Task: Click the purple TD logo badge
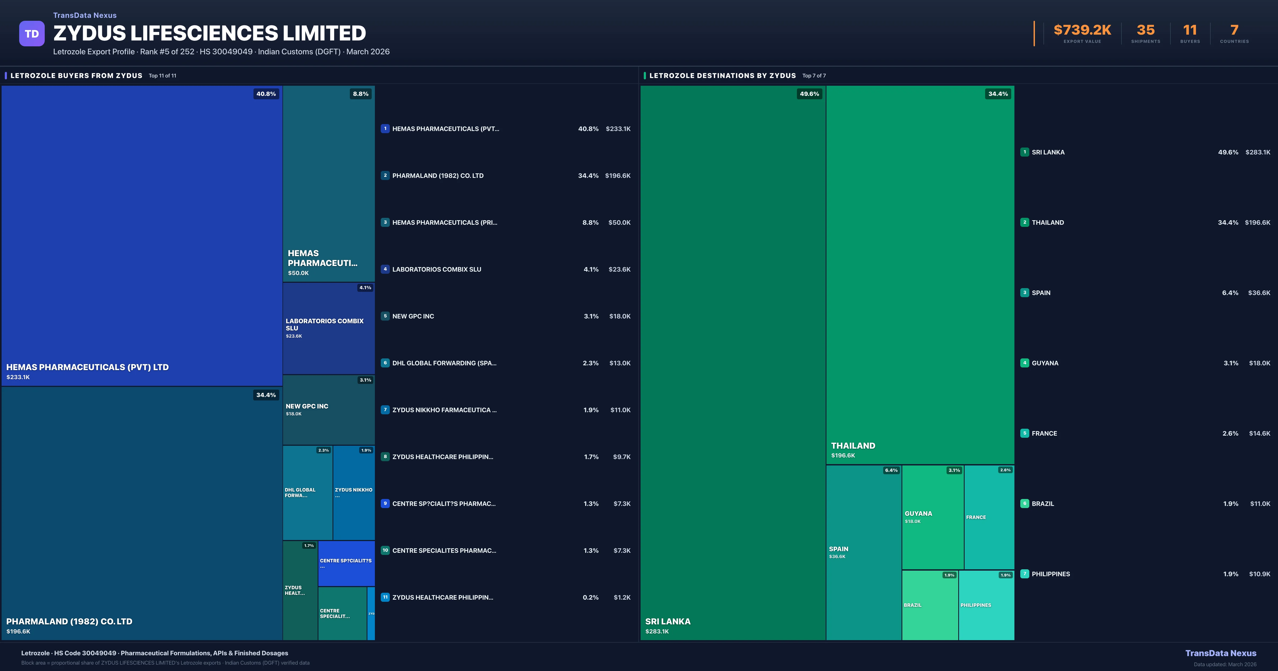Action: click(x=32, y=34)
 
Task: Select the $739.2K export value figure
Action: click(x=1082, y=30)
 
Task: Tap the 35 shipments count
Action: click(x=1145, y=30)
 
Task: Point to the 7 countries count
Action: click(x=1234, y=30)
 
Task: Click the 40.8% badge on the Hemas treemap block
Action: click(x=266, y=94)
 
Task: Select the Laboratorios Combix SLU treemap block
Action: click(x=329, y=328)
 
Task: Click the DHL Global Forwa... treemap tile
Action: click(x=307, y=492)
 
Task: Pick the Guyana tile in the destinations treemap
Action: click(x=932, y=517)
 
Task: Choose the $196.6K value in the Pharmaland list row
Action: click(x=618, y=176)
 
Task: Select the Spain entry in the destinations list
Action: click(x=1041, y=293)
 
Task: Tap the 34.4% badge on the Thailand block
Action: click(x=998, y=94)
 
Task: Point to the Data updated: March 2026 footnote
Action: click(x=1224, y=664)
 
